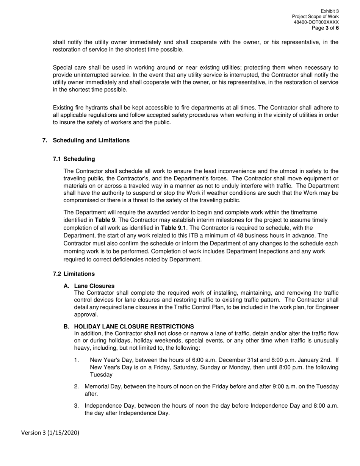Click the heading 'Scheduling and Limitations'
click(91, 141)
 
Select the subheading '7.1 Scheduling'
click(74, 159)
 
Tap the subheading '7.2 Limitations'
click(74, 274)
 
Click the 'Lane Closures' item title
click(94, 286)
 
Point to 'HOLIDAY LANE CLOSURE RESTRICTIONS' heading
click(134, 327)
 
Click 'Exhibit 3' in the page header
click(330, 11)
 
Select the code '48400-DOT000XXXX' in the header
click(316, 22)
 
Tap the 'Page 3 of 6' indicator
click(325, 28)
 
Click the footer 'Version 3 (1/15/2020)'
click(50, 433)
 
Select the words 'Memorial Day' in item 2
click(102, 387)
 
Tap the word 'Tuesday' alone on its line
click(101, 375)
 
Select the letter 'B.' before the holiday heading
click(67, 327)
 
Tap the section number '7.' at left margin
click(45, 141)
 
